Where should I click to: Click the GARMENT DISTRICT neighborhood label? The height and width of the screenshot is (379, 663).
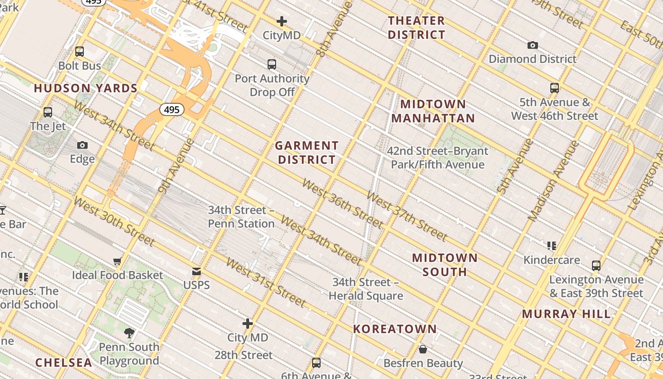pyautogui.click(x=307, y=153)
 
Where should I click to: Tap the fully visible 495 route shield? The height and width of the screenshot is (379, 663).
pyautogui.click(x=171, y=110)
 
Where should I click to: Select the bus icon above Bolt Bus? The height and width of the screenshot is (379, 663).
pyautogui.click(x=80, y=52)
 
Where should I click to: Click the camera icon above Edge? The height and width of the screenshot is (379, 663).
pyautogui.click(x=82, y=145)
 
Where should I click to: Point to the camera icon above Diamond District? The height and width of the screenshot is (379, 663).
pyautogui.click(x=533, y=45)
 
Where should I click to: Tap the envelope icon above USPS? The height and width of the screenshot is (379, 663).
pyautogui.click(x=197, y=271)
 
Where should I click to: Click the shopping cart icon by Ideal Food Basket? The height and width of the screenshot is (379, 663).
pyautogui.click(x=117, y=261)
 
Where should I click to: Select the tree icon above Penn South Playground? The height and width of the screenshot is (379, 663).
pyautogui.click(x=129, y=333)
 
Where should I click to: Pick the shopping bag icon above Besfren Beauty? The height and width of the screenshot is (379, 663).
pyautogui.click(x=423, y=349)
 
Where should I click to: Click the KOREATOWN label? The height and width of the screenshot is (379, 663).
pyautogui.click(x=395, y=329)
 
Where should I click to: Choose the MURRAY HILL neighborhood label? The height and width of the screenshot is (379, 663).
pyautogui.click(x=566, y=314)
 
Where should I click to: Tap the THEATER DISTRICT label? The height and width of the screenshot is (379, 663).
pyautogui.click(x=417, y=27)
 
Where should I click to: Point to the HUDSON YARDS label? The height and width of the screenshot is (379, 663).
pyautogui.click(x=86, y=88)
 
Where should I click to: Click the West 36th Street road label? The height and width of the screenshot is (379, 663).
pyautogui.click(x=342, y=203)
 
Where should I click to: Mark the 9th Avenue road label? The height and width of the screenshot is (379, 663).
pyautogui.click(x=176, y=166)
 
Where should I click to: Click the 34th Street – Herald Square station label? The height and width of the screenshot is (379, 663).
pyautogui.click(x=366, y=289)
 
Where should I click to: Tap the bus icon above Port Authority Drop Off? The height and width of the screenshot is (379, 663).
pyautogui.click(x=272, y=64)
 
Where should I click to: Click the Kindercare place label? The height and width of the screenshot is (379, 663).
pyautogui.click(x=551, y=260)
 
